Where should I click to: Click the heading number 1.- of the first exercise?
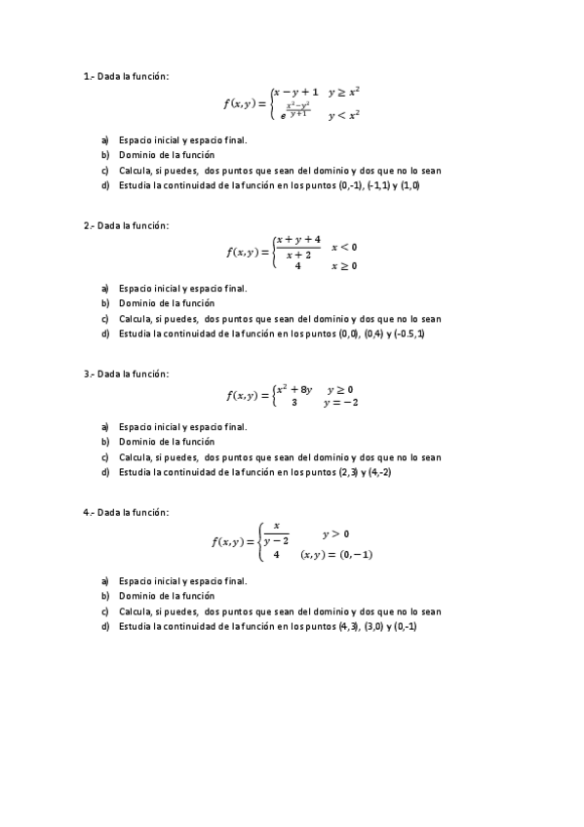click(x=89, y=76)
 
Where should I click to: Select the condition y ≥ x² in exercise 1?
click(x=344, y=92)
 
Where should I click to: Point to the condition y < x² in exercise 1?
click(x=344, y=115)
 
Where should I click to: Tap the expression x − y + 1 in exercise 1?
click(x=296, y=92)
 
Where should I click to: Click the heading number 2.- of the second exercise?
click(x=89, y=225)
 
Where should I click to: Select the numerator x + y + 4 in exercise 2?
click(x=297, y=240)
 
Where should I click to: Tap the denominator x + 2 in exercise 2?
click(x=296, y=255)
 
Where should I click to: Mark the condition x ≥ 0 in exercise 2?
click(x=344, y=265)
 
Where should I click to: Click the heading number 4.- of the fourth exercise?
click(x=89, y=512)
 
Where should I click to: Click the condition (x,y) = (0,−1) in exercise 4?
click(x=336, y=554)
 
